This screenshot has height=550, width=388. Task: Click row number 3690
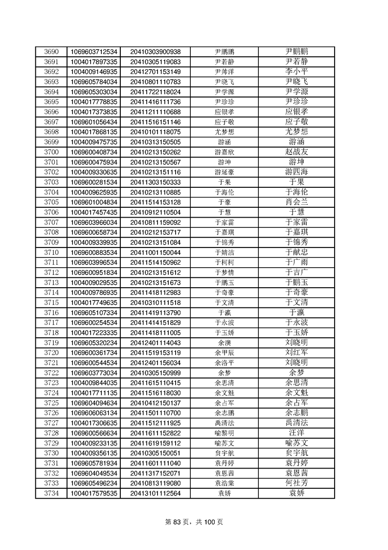51,52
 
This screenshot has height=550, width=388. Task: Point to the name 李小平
297,72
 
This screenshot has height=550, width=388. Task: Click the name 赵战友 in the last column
297,152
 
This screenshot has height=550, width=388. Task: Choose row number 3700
51,152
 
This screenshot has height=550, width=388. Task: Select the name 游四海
297,172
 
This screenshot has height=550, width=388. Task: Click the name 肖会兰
297,202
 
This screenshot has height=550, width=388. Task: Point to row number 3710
51,252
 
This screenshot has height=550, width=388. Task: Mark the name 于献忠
297,252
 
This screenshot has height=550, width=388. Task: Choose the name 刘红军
297,352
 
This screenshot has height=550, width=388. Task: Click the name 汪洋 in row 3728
297,433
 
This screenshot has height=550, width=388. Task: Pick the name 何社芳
297,483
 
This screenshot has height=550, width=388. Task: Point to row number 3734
51,493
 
